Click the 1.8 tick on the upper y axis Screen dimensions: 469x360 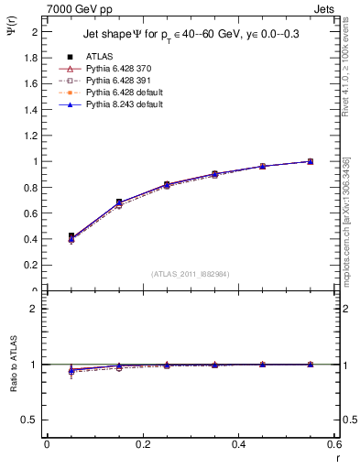point(32,57)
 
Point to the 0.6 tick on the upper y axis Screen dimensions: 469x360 point(32,213)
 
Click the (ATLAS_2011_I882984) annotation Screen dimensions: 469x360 point(191,274)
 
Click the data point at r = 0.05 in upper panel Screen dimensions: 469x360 point(71,236)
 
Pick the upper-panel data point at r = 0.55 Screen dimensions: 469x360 point(311,161)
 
